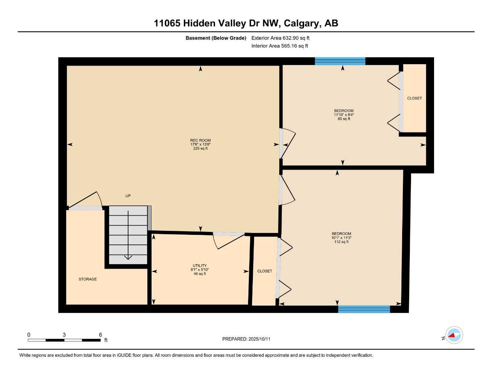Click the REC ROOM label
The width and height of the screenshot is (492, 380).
point(200,141)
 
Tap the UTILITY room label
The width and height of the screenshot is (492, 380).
point(199,266)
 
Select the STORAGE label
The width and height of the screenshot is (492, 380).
point(88,279)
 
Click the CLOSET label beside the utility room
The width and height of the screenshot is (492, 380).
point(264,271)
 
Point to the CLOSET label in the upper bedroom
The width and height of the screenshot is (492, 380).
point(414,98)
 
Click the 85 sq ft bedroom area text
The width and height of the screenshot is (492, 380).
point(344,119)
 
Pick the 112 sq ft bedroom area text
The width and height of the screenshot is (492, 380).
point(341,242)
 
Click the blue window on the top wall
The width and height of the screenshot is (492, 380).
point(340,61)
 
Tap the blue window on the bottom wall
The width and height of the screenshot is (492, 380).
point(364,309)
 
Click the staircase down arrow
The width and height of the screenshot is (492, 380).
point(128,256)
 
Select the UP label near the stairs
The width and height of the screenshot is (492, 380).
point(128,196)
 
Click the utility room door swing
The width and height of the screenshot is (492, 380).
point(227,242)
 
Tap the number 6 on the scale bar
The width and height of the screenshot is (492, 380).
point(100,335)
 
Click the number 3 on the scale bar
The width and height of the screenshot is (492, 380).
point(64,335)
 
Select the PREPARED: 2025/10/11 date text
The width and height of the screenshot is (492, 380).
point(246,339)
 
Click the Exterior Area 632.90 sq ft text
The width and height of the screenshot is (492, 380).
point(280,38)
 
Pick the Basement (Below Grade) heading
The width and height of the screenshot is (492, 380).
point(216,38)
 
